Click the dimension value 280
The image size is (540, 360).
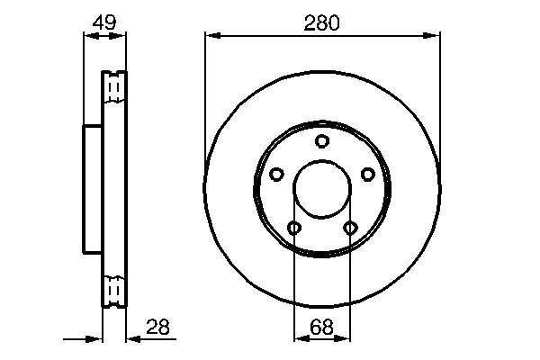pos(322,23)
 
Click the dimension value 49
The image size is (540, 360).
pos(104,23)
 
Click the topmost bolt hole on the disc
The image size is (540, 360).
pos(322,140)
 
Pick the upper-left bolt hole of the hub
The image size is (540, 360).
pos(277,174)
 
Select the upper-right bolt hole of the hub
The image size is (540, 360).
pos(367,174)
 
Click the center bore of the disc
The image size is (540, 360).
pos(322,189)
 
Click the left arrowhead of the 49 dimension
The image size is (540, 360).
pos(88,36)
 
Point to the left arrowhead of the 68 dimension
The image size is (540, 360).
pos(299,339)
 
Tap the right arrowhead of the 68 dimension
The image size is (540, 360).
pos(345,339)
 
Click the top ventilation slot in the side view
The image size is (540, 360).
pos(113,86)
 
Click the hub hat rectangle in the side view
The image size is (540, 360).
pos(93,188)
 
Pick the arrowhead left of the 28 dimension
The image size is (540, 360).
pos(95,339)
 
